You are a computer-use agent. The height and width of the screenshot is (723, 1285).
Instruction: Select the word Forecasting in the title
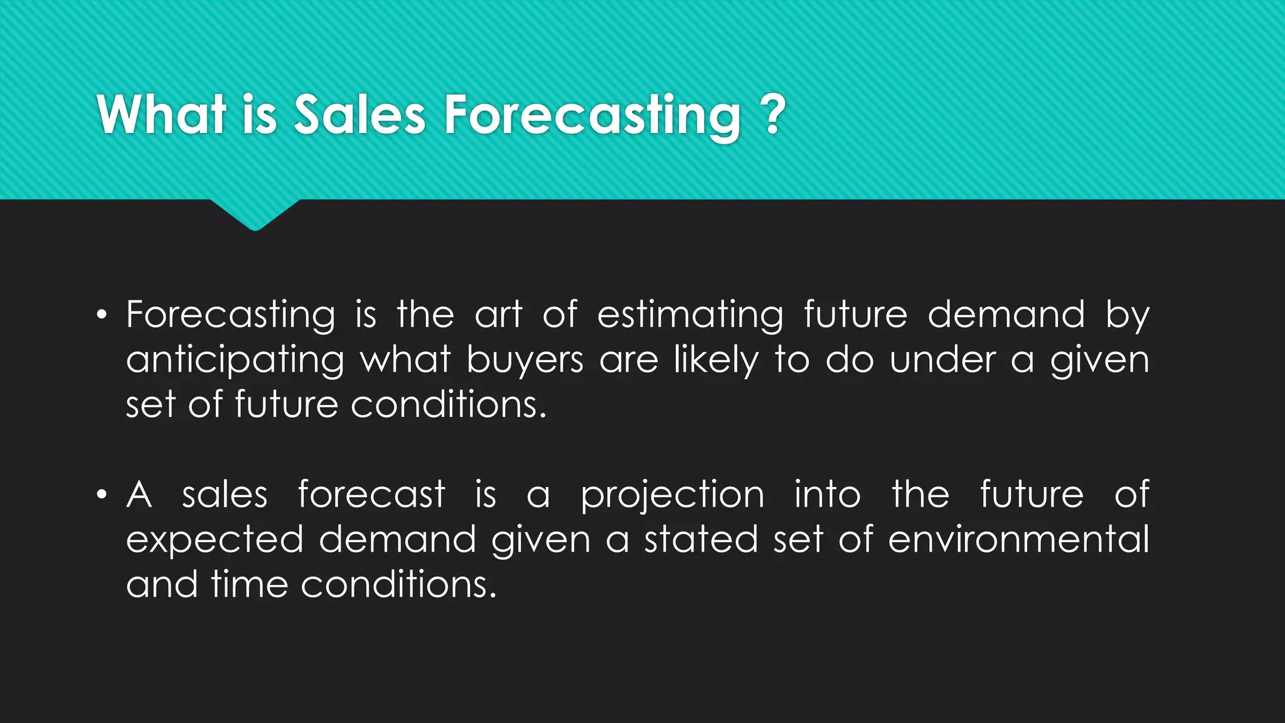click(x=592, y=115)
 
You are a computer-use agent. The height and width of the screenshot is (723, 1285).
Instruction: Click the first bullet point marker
click(x=102, y=315)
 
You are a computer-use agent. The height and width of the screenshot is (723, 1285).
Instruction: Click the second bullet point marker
click(x=102, y=495)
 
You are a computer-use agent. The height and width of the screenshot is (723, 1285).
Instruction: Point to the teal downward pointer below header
click(x=255, y=215)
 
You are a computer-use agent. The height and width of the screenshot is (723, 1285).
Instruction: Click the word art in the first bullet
click(x=498, y=314)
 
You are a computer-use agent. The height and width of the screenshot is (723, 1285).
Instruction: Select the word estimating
click(x=690, y=316)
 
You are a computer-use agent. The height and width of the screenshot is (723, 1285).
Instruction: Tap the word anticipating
click(x=235, y=361)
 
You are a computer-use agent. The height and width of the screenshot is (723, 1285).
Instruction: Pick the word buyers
click(x=525, y=361)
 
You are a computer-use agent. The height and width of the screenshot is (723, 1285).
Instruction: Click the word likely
click(x=715, y=361)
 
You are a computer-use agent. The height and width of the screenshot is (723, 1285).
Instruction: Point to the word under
click(x=942, y=360)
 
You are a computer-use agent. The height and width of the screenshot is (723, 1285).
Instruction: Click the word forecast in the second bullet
click(x=371, y=494)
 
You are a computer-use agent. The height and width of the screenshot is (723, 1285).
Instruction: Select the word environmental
click(x=1018, y=540)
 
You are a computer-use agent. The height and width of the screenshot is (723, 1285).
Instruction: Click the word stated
click(x=701, y=540)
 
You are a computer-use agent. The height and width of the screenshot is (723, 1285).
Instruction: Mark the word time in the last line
click(x=249, y=585)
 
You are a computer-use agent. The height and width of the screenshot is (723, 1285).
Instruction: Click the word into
click(x=827, y=495)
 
